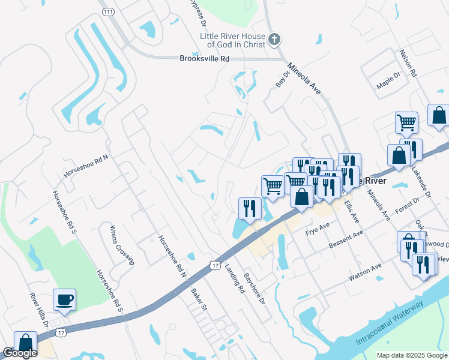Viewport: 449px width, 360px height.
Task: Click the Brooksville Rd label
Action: click(205, 59)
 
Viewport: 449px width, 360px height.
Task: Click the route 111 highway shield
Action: click(108, 12)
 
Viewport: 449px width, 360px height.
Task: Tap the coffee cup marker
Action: click(64, 299)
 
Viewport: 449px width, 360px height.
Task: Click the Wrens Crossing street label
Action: click(122, 245)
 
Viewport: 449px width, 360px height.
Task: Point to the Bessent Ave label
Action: click(346, 240)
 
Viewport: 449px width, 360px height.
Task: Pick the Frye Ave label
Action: click(318, 228)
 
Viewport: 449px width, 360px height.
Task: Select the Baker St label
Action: click(199, 298)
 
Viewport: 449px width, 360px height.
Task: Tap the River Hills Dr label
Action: click(40, 310)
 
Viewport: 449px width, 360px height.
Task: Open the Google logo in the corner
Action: click(20, 353)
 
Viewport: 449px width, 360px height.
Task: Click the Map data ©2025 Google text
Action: click(411, 355)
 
